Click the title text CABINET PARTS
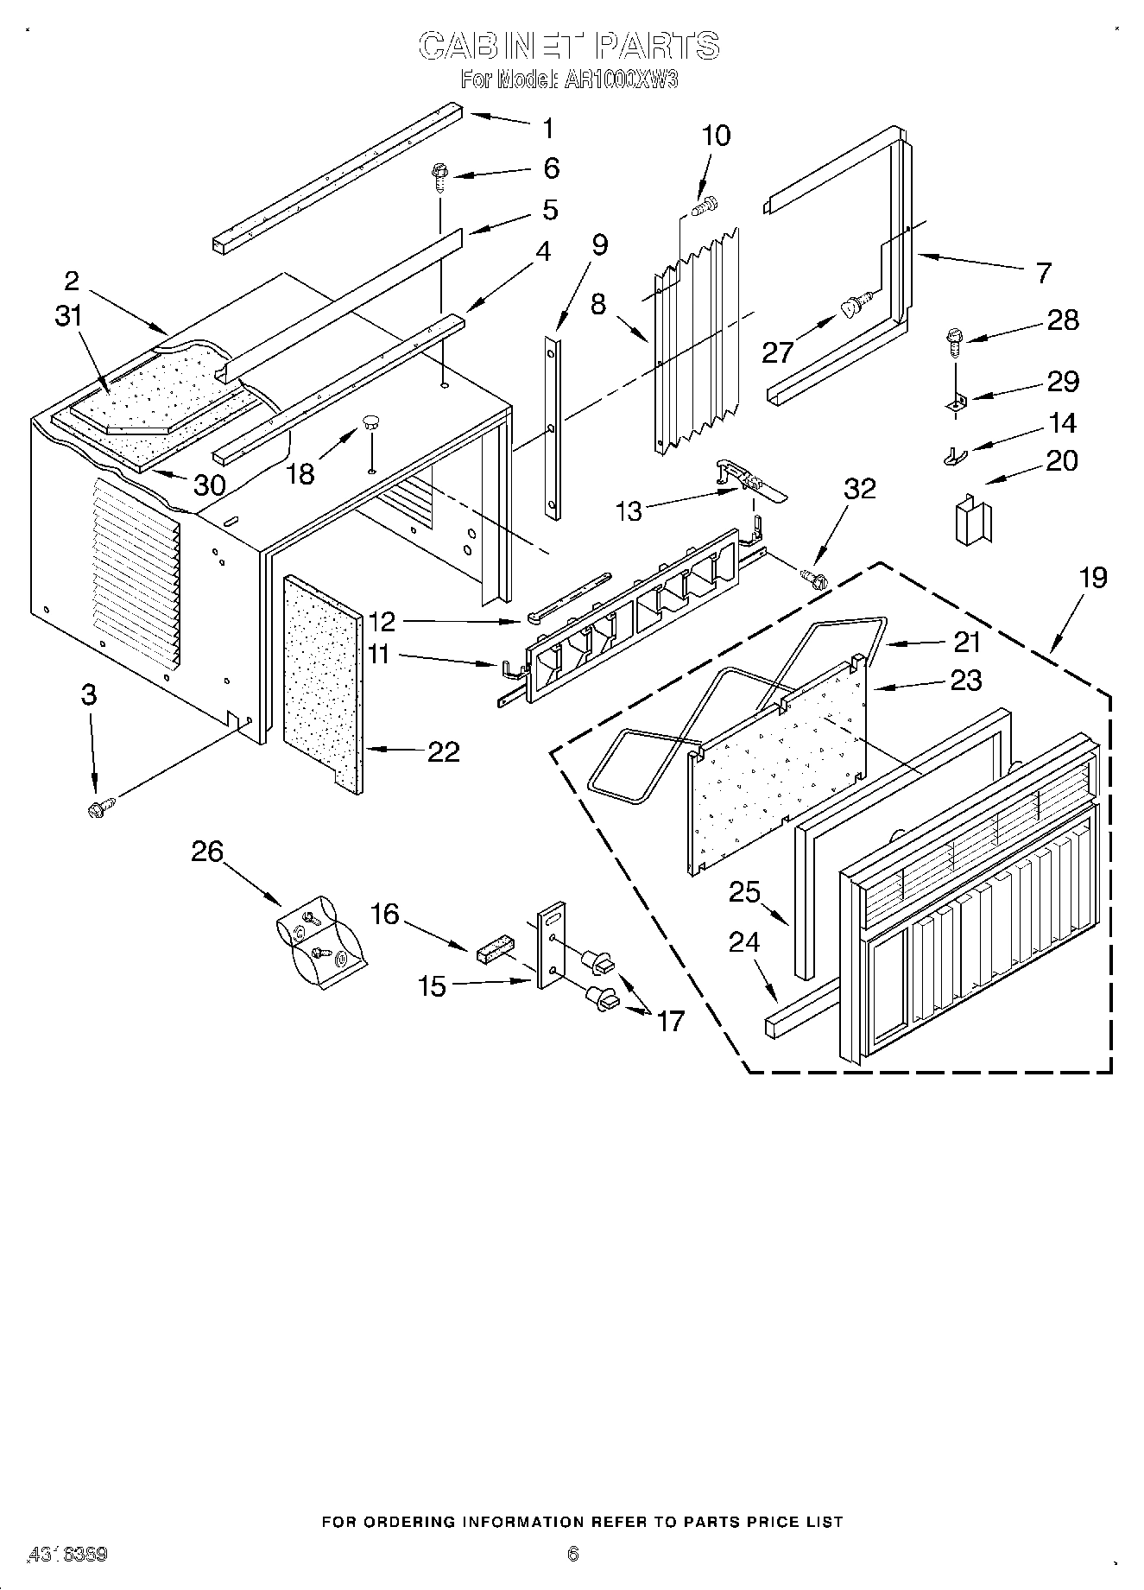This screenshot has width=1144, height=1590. click(x=570, y=46)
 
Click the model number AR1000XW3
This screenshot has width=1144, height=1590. click(x=620, y=80)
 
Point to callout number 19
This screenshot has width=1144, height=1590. click(x=1092, y=577)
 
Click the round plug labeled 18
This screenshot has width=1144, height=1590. click(x=372, y=422)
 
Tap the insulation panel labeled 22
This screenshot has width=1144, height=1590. click(x=321, y=681)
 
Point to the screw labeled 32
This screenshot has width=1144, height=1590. click(x=812, y=576)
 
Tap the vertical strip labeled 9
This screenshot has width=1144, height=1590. click(x=553, y=428)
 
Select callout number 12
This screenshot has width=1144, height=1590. click(x=381, y=621)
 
